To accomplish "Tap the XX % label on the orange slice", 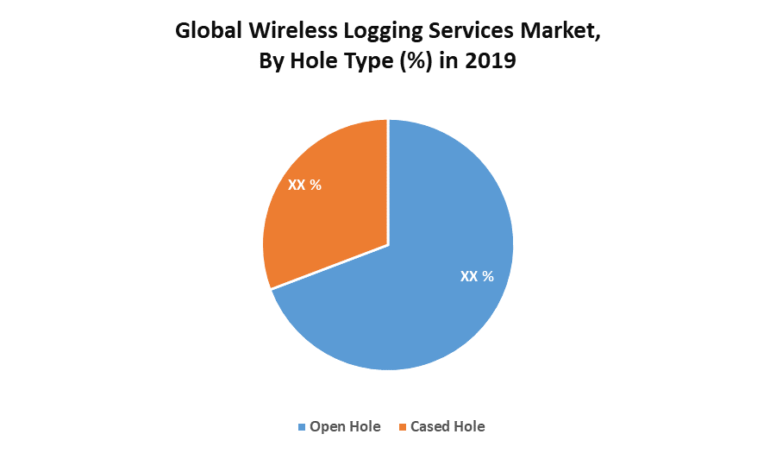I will point(304,185).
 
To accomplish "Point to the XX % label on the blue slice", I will point(477,276).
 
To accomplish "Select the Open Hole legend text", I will point(345,426).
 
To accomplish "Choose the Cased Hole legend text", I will point(447,426).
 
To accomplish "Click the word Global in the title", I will point(207,32).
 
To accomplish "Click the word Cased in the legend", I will point(430,426).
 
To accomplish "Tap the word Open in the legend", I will point(327,427).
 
